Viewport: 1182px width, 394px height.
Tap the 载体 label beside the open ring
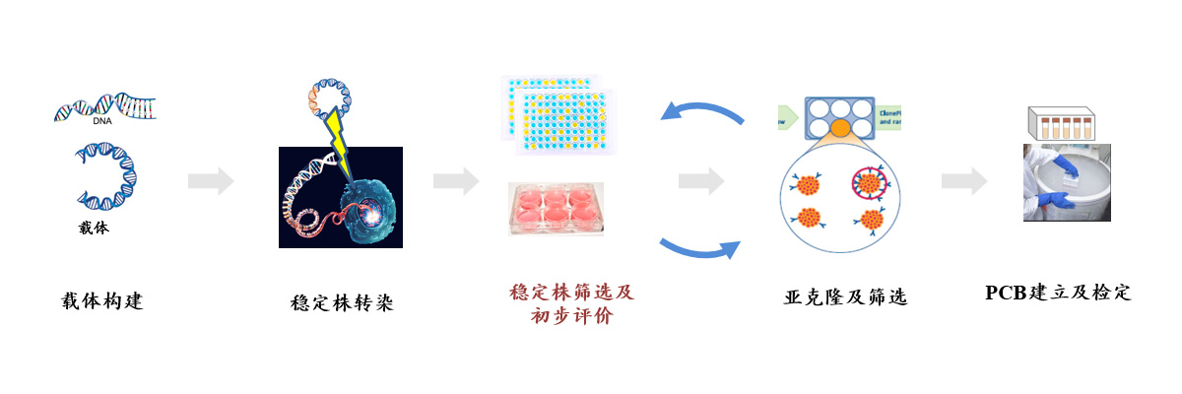(x=93, y=229)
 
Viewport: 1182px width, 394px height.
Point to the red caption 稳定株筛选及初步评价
(x=571, y=305)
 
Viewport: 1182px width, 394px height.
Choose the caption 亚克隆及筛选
(x=844, y=296)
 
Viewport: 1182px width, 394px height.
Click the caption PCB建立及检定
(x=1058, y=294)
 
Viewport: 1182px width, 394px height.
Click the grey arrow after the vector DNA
(x=211, y=181)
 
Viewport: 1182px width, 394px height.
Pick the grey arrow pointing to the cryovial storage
(x=964, y=181)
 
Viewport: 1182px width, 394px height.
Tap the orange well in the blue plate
(x=840, y=128)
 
